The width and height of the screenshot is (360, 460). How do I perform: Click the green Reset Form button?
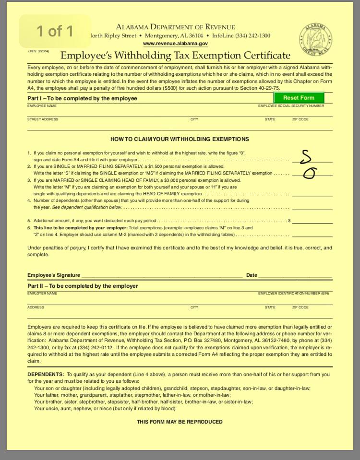click(299, 98)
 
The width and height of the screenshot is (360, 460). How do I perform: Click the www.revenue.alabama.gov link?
click(175, 43)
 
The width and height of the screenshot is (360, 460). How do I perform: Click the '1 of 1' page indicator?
click(55, 31)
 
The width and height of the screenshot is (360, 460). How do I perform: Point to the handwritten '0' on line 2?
click(309, 174)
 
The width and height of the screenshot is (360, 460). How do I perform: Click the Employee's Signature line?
click(162, 275)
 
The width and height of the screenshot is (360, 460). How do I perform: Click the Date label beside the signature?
click(252, 275)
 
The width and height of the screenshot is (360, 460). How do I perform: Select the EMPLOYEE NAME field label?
click(42, 106)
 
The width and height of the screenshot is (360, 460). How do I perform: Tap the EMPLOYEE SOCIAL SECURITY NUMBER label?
click(291, 106)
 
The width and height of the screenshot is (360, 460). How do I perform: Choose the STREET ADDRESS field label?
click(43, 119)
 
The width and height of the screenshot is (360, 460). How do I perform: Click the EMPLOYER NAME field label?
click(42, 293)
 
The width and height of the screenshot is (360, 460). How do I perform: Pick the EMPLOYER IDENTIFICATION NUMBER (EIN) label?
click(293, 293)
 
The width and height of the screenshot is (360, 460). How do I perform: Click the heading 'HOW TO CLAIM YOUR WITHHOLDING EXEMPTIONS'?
click(180, 139)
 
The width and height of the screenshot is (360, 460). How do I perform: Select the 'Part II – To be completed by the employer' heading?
click(83, 286)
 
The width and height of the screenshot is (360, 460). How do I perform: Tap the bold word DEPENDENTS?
click(46, 374)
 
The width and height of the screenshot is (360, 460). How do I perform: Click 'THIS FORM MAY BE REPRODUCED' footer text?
click(180, 422)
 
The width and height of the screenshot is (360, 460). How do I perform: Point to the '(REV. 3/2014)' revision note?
click(38, 50)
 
